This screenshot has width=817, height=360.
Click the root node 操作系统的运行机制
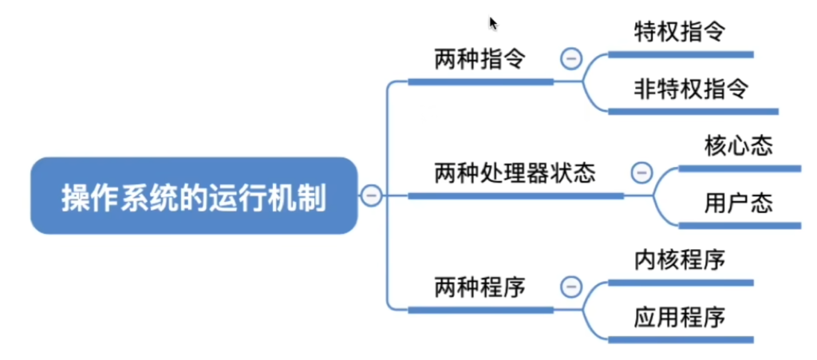(x=194, y=196)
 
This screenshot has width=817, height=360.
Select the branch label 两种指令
(x=480, y=61)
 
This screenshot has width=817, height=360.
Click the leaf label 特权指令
(x=680, y=33)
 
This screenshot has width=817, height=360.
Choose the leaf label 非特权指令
(x=692, y=90)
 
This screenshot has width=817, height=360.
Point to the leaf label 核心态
(x=738, y=146)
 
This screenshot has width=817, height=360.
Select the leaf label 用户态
(x=738, y=204)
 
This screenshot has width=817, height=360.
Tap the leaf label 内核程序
(x=680, y=260)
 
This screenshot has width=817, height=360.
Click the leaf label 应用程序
(x=680, y=318)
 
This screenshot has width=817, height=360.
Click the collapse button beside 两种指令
(x=571, y=58)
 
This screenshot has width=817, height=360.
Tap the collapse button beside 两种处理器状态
(x=642, y=172)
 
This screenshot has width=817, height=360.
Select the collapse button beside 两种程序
(x=571, y=287)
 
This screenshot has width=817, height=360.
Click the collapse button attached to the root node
(x=372, y=196)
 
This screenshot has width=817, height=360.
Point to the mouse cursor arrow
(x=493, y=24)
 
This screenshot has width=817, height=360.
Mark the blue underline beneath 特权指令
(x=681, y=54)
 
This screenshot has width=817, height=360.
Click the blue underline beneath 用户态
(x=740, y=226)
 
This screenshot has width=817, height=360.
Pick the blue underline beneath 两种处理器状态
(x=516, y=196)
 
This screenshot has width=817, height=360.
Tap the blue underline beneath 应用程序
(x=681, y=340)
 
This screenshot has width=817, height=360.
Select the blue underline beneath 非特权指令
(x=693, y=112)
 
